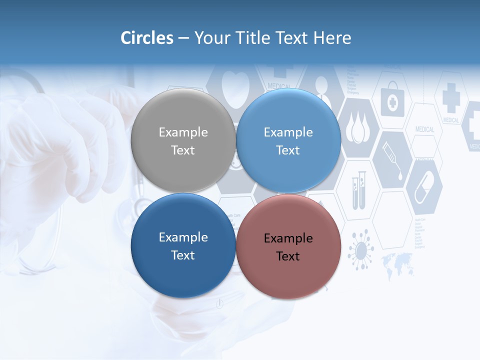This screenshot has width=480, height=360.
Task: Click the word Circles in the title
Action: point(147,38)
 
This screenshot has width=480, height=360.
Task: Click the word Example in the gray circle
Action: point(183,132)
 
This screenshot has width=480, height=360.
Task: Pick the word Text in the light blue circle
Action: point(288,150)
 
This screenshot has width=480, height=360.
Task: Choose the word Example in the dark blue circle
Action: point(183,237)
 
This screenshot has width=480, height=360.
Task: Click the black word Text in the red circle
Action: point(288,256)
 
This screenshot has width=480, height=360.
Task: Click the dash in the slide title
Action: point(183,38)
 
